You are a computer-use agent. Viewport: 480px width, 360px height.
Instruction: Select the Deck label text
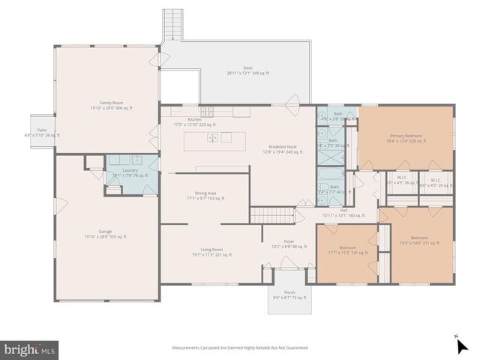247,70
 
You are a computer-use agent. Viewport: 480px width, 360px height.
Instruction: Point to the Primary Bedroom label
405,139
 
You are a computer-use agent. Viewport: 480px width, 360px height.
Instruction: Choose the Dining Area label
205,196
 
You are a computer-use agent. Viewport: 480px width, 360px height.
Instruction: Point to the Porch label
289,295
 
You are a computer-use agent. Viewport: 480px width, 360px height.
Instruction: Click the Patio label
42,133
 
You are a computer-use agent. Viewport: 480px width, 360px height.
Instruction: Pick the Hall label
343,212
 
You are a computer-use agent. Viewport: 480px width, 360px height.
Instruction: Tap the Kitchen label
194,122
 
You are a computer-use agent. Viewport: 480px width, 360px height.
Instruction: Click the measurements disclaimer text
240,347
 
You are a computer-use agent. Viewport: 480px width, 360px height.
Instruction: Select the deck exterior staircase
173,24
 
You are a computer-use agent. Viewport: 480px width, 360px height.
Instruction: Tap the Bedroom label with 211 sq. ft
419,241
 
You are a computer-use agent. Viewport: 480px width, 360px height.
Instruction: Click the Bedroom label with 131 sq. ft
347,250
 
